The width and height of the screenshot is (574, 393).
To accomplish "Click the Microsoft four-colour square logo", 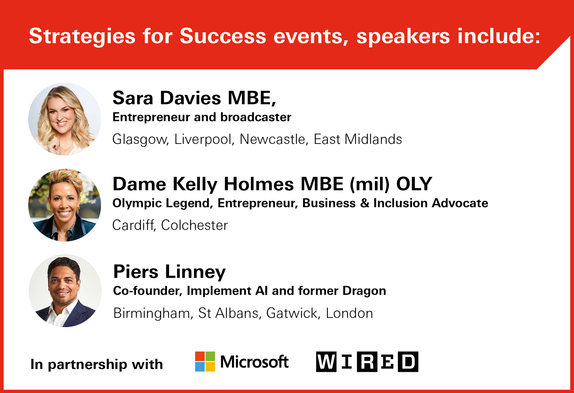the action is coord(205,361).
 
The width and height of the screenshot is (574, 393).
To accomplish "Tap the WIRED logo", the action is coord(367,362).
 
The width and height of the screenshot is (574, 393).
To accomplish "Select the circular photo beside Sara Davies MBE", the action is coord(65,119).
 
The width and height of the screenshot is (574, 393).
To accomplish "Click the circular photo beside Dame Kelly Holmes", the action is coord(65,205).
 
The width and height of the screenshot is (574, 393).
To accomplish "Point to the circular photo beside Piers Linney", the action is coord(65,291).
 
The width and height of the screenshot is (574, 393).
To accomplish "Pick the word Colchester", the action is coord(194,225).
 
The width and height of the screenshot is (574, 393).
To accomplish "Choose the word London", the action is coord(349,313).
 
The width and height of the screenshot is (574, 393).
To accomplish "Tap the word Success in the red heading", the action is coord(223,36).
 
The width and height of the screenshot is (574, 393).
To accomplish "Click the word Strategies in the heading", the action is coord(82,36).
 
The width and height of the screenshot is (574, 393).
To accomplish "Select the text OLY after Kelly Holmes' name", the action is coord(414,184).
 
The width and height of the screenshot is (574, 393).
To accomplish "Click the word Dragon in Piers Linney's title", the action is coord(364,291).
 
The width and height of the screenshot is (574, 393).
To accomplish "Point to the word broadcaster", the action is coord(256,117).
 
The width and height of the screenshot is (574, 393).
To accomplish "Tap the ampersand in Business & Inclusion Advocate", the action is coord(364,203).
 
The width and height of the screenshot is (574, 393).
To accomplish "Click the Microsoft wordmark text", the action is coord(254,362).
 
